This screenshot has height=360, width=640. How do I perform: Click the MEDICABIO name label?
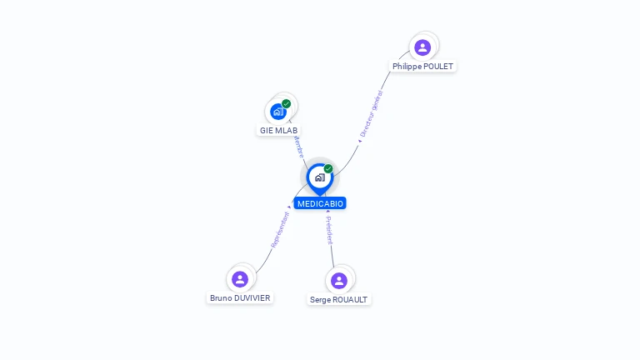coord(320,203)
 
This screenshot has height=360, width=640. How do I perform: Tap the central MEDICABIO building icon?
coord(319,177)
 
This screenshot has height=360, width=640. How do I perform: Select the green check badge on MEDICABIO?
coord(328,169)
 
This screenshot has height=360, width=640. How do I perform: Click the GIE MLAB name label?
coord(278,131)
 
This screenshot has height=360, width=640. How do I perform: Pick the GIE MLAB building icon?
coord(278,112)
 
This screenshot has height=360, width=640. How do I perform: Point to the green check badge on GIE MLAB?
coord(287,104)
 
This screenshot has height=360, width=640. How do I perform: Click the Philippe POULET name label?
coord(423,66)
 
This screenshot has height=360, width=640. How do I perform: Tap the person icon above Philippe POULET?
coord(422,47)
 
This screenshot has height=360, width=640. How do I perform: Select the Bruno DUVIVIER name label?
coord(240,297)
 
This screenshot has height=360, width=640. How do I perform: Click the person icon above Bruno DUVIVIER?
coord(240,278)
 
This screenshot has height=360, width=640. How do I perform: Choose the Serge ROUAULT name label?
coord(339,299)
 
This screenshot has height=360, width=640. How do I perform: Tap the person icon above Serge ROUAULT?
coord(338,280)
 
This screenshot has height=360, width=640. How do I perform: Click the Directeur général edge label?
coord(370,114)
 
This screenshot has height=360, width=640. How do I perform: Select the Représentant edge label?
coord(280,229)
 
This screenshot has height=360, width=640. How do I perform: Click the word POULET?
coord(438,66)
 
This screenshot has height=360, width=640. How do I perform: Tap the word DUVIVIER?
coord(252,297)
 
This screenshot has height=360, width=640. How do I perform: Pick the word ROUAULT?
coord(351,299)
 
